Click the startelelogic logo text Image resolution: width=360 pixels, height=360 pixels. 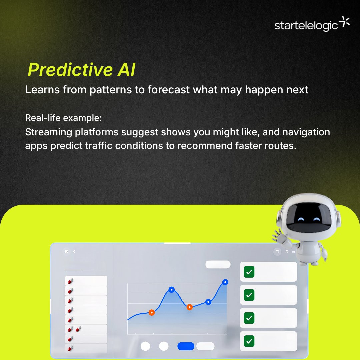click(306, 26)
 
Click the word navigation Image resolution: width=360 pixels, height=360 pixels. click(306, 132)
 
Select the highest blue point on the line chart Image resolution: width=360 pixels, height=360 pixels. click(225, 282)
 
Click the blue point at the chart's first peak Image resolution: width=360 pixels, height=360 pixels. click(171, 290)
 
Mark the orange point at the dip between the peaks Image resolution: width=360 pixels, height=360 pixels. click(189, 307)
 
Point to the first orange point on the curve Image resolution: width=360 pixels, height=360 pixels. click(151, 313)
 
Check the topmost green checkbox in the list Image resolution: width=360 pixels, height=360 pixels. click(249, 272)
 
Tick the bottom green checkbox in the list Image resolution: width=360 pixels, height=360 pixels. click(249, 341)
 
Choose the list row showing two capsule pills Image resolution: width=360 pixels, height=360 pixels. click(86, 329)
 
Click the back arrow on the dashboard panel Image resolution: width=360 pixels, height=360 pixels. click(74, 252)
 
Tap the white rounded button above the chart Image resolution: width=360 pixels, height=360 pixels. click(218, 265)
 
